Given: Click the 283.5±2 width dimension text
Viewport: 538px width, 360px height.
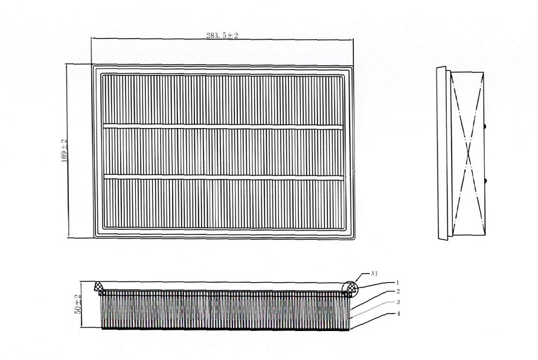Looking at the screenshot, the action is [x=222, y=36].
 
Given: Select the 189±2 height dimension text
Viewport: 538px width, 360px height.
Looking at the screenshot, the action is [x=64, y=151].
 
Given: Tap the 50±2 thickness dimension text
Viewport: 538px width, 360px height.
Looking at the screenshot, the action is [x=78, y=304].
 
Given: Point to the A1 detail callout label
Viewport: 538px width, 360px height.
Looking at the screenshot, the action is [x=374, y=274].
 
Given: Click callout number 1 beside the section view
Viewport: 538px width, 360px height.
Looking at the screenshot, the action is [x=398, y=283].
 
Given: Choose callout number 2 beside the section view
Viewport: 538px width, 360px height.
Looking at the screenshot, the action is [x=398, y=291].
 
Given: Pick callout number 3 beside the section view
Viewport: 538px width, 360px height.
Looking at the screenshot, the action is [x=398, y=303].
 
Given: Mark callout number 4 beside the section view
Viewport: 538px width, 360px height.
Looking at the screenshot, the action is [x=398, y=313].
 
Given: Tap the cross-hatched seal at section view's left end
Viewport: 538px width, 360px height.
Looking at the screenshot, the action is [x=99, y=288].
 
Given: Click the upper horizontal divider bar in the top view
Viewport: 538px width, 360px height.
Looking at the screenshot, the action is [x=223, y=127].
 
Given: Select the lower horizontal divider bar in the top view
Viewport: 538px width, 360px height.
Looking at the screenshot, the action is [x=223, y=177].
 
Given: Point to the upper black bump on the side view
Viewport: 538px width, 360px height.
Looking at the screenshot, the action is [x=485, y=127].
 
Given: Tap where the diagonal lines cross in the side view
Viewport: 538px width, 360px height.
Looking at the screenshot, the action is [x=469, y=155].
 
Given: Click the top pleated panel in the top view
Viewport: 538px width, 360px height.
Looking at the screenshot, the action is [x=223, y=100].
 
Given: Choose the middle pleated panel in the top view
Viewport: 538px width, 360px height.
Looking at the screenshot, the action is [x=223, y=152].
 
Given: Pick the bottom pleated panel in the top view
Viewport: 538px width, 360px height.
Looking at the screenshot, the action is [x=223, y=204].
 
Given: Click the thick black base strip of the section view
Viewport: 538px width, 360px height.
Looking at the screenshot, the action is [x=226, y=329].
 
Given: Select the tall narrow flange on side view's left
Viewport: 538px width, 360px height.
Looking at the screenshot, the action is [x=442, y=153].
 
